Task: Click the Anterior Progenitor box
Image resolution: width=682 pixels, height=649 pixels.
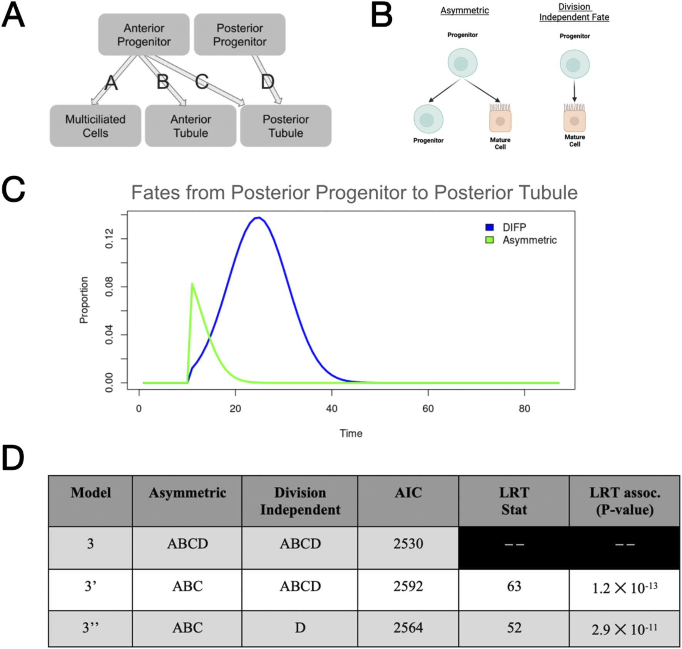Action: (x=144, y=35)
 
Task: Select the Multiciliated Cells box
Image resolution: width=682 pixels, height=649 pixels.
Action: (x=95, y=126)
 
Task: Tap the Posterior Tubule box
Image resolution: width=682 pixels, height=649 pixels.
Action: (x=286, y=126)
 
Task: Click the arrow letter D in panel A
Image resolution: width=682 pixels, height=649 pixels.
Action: (x=267, y=82)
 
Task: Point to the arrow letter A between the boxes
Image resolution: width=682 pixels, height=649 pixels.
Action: (x=111, y=82)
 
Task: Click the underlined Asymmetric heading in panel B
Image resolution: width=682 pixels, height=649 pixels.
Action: (x=465, y=10)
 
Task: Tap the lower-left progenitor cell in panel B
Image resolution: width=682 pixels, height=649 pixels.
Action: (x=428, y=119)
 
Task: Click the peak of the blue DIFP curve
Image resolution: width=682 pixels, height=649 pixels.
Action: (x=259, y=218)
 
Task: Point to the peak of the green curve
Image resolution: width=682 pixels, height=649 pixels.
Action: (x=192, y=284)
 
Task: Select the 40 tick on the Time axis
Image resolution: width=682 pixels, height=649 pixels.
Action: (x=331, y=408)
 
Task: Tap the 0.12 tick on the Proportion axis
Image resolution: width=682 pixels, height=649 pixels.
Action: (x=109, y=238)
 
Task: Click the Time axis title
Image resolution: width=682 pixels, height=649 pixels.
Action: (x=351, y=433)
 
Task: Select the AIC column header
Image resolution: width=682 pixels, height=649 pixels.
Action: (x=408, y=493)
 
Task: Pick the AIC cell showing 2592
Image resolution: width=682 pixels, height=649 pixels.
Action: (x=408, y=586)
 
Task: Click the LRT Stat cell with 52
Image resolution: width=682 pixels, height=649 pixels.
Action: (x=514, y=628)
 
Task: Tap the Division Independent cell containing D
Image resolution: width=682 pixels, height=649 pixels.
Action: (x=300, y=628)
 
